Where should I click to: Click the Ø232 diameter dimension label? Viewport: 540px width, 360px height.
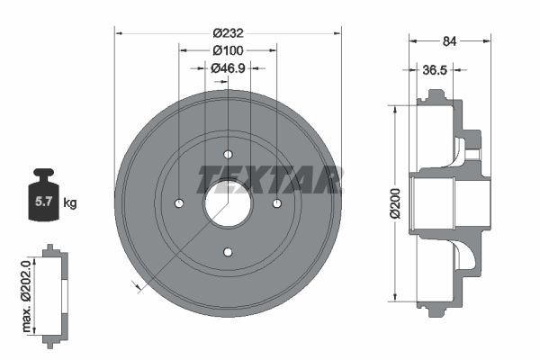click(x=228, y=33)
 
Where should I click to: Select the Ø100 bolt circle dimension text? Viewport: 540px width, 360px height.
click(x=228, y=50)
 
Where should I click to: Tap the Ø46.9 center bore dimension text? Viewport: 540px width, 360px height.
click(x=228, y=67)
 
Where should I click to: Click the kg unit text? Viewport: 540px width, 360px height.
click(x=70, y=203)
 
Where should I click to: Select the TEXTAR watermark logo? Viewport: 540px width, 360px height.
click(x=270, y=179)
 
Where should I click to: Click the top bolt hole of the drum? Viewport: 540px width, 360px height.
click(x=228, y=153)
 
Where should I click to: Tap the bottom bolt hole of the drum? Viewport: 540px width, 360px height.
click(x=228, y=251)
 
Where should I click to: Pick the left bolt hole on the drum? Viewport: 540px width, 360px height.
click(x=179, y=202)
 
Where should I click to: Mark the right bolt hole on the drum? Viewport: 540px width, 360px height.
click(x=276, y=202)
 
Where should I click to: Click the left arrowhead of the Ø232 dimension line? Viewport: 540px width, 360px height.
click(x=119, y=33)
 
